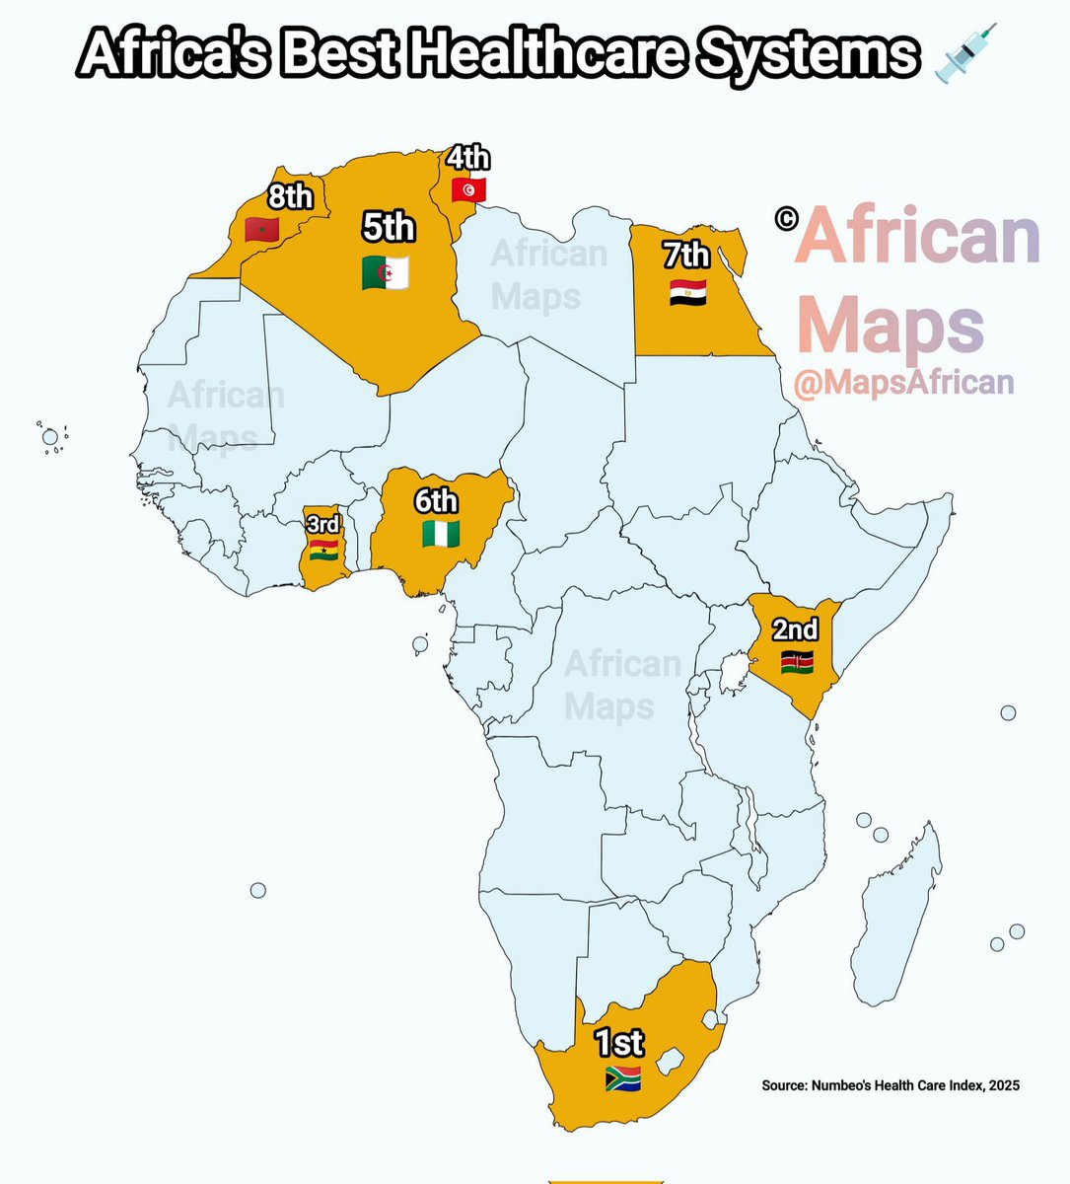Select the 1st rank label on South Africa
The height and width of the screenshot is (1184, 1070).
tap(619, 1042)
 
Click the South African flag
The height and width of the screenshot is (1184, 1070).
tap(623, 1077)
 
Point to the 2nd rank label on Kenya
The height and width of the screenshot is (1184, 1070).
tap(795, 629)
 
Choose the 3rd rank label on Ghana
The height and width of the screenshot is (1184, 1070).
tap(323, 524)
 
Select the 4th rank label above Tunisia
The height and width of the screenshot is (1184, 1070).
tap(467, 158)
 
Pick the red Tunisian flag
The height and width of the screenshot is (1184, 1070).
tap(468, 189)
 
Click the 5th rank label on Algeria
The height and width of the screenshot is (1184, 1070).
tap(388, 227)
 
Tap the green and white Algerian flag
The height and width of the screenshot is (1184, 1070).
tap(386, 272)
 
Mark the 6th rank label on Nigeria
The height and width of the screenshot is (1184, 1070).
tap(436, 501)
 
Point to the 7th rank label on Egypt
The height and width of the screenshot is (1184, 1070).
tap(686, 256)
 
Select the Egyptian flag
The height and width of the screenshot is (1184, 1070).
tap(687, 292)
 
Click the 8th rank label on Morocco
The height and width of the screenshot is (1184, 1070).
tap(291, 197)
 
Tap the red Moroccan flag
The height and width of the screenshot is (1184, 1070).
tap(262, 230)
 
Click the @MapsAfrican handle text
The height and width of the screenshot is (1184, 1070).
tap(904, 382)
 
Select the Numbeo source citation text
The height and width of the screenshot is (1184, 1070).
tap(891, 1085)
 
